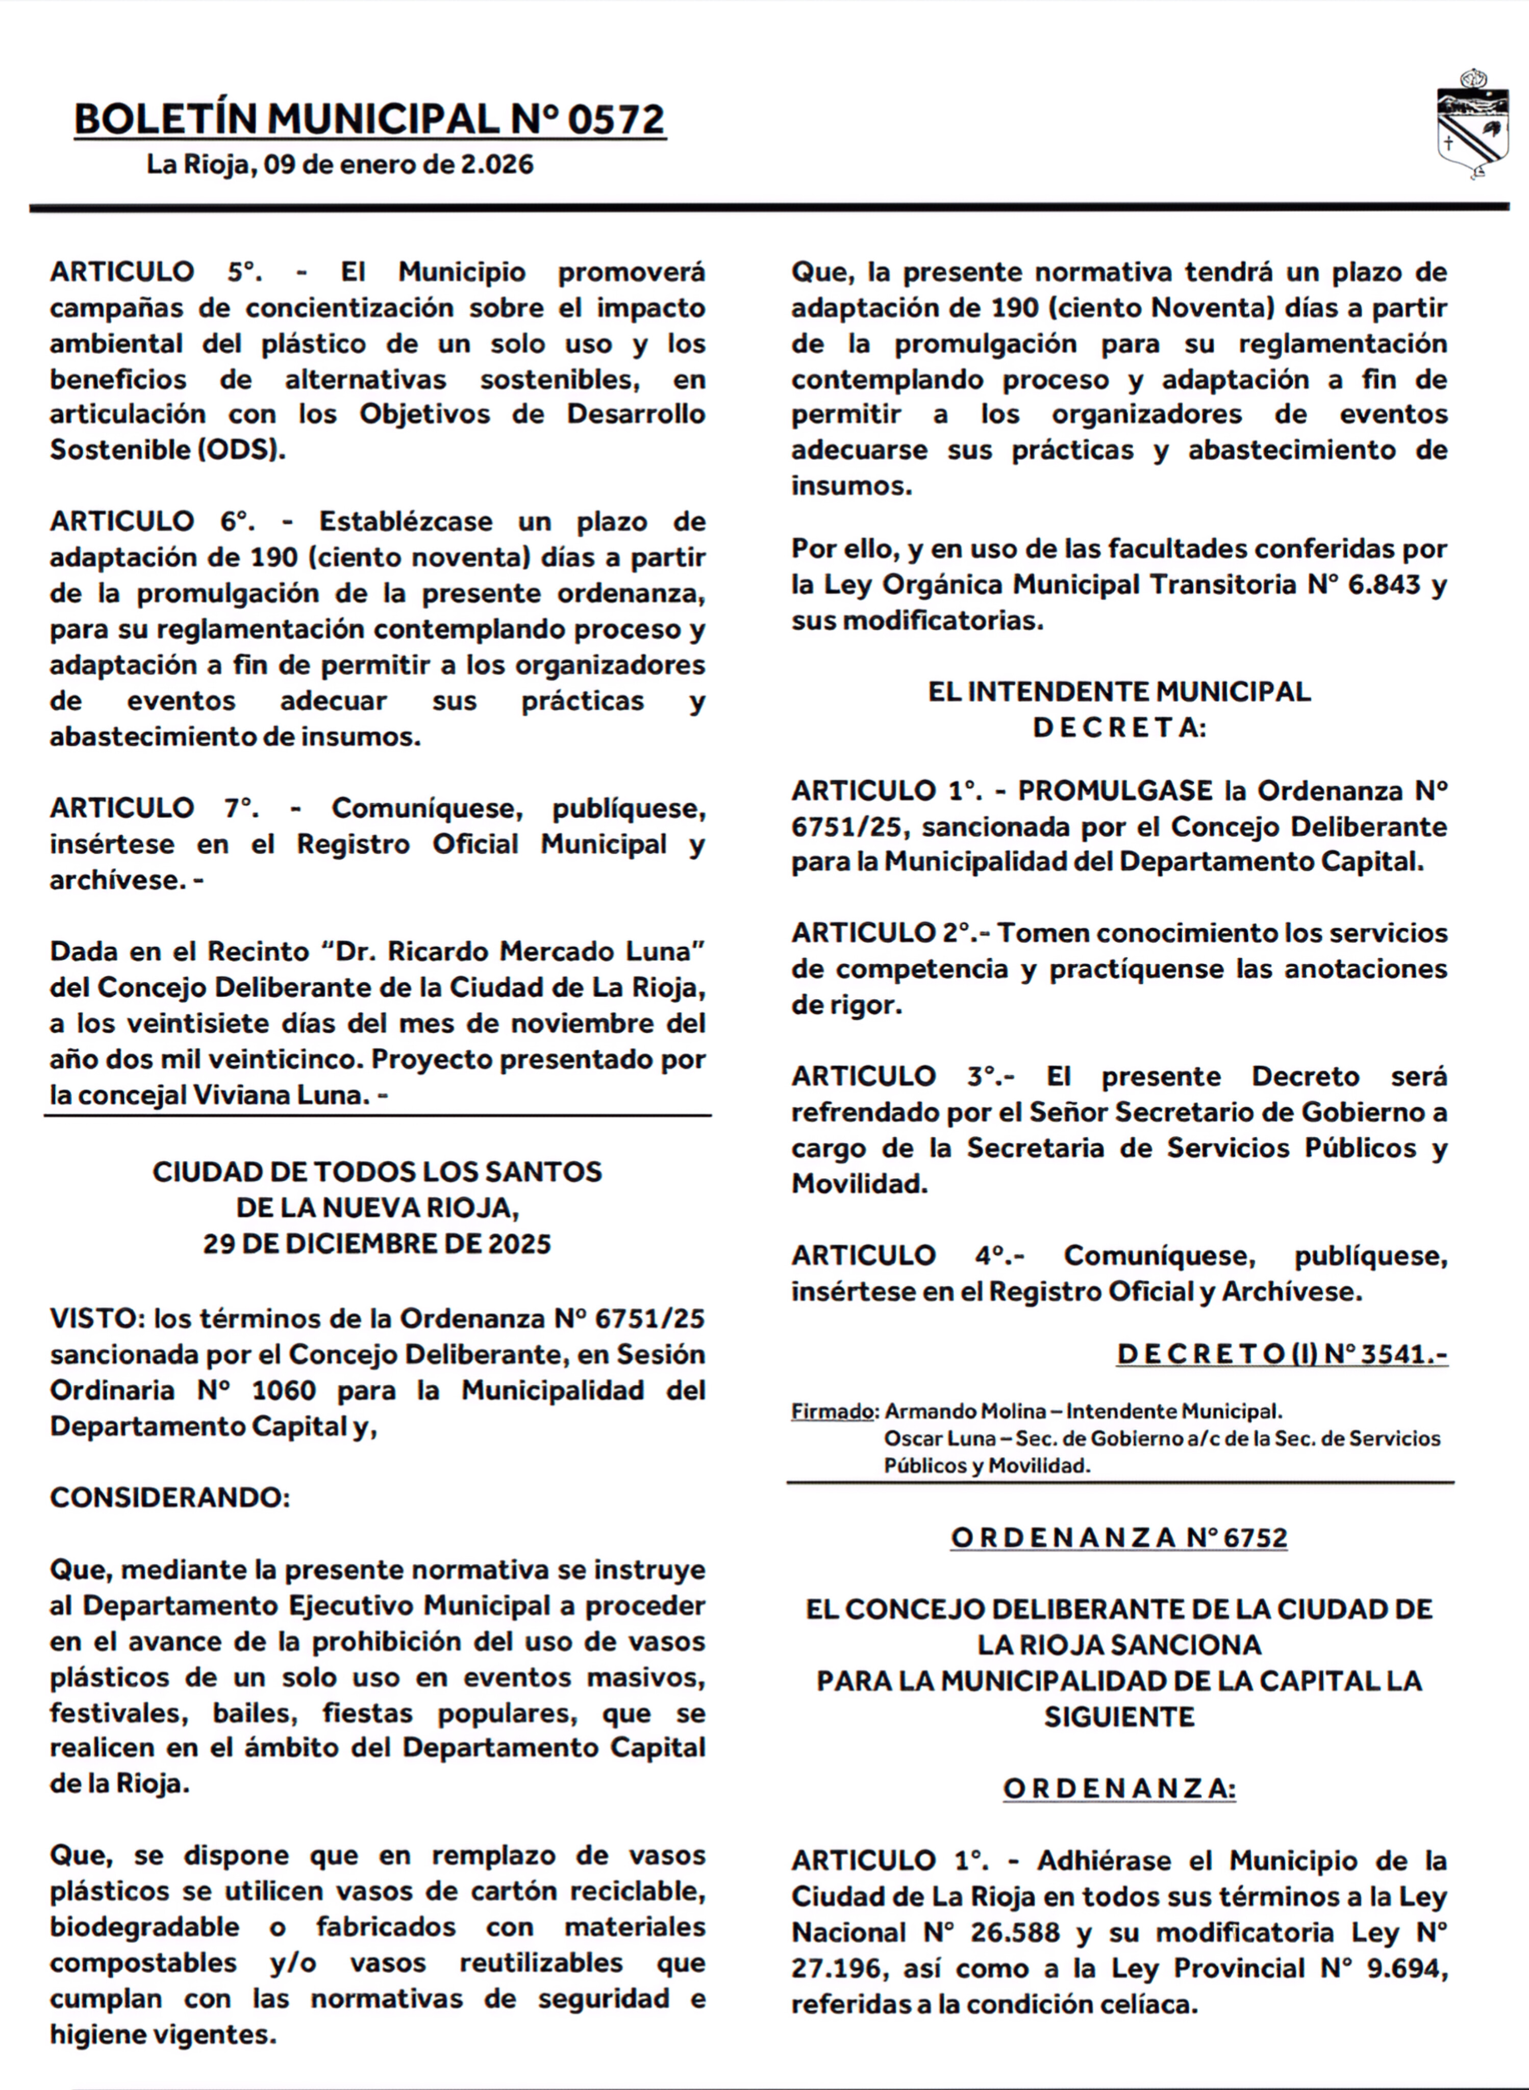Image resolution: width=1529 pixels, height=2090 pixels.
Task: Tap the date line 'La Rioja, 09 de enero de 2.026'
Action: click(340, 165)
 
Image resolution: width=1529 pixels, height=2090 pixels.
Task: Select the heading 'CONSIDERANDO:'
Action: click(169, 1498)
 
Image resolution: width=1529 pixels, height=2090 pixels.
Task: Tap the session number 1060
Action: click(283, 1390)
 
